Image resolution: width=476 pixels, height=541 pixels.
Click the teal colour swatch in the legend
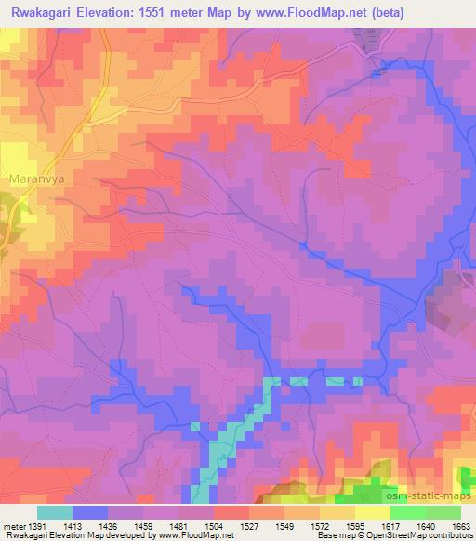[x=55, y=511]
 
